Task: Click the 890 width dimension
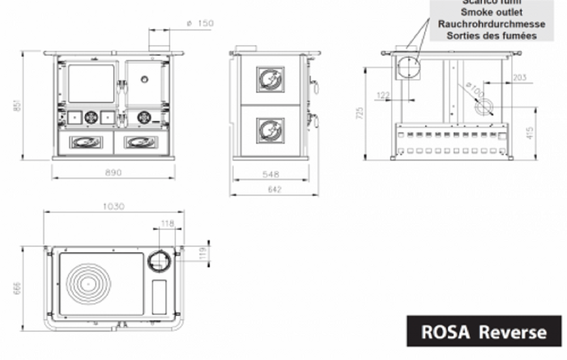(x=113, y=172)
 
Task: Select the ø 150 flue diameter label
(x=200, y=23)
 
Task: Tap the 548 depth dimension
(x=271, y=174)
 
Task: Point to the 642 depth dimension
(x=274, y=189)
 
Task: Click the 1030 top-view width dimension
(x=113, y=206)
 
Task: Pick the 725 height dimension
(x=360, y=112)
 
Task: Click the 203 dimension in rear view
(x=519, y=77)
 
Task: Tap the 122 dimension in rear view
(x=383, y=95)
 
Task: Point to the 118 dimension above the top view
(x=168, y=223)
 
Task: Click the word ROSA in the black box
(x=446, y=332)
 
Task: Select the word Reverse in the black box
(x=513, y=332)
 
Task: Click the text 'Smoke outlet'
(x=491, y=12)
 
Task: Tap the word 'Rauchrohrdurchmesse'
(x=491, y=24)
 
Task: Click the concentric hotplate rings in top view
(x=88, y=284)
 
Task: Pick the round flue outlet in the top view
(x=159, y=261)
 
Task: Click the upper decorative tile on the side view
(x=270, y=79)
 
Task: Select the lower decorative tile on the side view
(x=270, y=130)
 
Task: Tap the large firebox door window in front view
(x=91, y=84)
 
